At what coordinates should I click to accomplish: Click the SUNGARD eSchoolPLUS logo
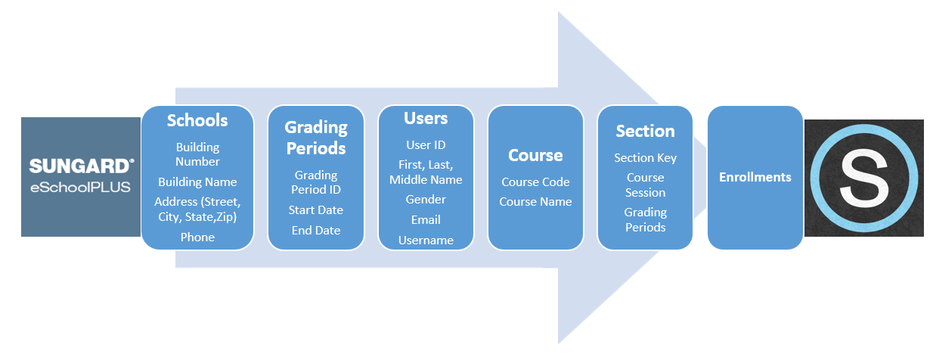click(x=81, y=176)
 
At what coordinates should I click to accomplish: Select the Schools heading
click(x=197, y=120)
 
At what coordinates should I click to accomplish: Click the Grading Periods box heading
click(x=316, y=137)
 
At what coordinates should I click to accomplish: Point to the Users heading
click(x=426, y=119)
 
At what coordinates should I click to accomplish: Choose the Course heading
click(x=535, y=155)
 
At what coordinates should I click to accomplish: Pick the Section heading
click(x=645, y=131)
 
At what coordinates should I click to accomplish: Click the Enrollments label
click(x=755, y=177)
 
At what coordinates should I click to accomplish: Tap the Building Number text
click(x=197, y=154)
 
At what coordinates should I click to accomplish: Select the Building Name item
click(x=197, y=182)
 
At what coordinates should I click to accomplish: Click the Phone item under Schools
click(x=197, y=237)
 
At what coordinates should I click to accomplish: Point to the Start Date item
click(x=316, y=209)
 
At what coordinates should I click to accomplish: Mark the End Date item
click(x=316, y=230)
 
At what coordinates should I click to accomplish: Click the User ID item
click(x=426, y=144)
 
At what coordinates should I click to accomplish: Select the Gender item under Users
click(x=426, y=199)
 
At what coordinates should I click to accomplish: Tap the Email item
click(x=426, y=219)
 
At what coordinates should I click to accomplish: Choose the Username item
click(x=426, y=240)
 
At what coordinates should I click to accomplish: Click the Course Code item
click(x=535, y=182)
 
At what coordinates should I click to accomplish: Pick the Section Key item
click(x=645, y=157)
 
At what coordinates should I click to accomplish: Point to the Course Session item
click(x=645, y=185)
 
